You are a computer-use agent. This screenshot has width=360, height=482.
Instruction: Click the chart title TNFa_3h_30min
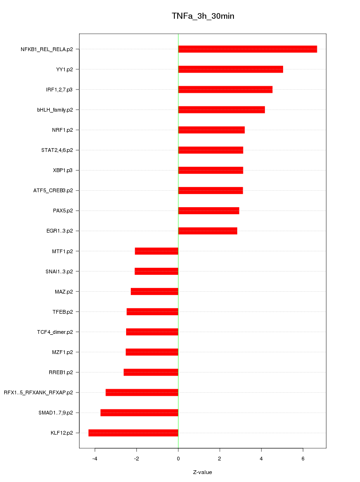(203, 16)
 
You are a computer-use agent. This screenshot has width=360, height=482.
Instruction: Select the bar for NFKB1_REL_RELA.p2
(247, 49)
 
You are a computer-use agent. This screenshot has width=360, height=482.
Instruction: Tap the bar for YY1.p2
(231, 69)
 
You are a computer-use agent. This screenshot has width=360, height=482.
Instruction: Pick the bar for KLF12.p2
(133, 433)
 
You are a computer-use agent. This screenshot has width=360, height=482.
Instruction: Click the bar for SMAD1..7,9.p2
(139, 413)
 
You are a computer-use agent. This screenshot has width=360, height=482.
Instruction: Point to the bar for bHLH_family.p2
(221, 110)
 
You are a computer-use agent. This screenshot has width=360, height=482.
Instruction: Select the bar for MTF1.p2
(157, 251)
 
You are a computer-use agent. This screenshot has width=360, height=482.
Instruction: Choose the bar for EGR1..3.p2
(208, 231)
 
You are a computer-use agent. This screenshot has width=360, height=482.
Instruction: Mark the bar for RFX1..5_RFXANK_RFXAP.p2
(142, 392)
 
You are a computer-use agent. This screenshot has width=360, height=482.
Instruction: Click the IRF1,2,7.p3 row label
(59, 90)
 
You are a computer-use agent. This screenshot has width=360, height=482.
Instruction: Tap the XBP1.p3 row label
(63, 170)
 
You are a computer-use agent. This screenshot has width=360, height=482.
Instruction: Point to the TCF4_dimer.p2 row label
(55, 332)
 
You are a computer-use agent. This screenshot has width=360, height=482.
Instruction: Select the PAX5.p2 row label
(63, 211)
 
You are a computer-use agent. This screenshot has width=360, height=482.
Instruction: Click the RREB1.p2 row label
(61, 372)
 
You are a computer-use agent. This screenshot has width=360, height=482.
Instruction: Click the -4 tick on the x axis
(95, 458)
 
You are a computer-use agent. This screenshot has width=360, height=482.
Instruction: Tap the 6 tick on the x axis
(303, 458)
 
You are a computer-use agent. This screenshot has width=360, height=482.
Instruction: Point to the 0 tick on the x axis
(178, 458)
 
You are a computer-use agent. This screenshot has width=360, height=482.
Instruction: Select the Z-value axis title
(202, 472)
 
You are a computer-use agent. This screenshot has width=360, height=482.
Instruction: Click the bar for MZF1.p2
(152, 352)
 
